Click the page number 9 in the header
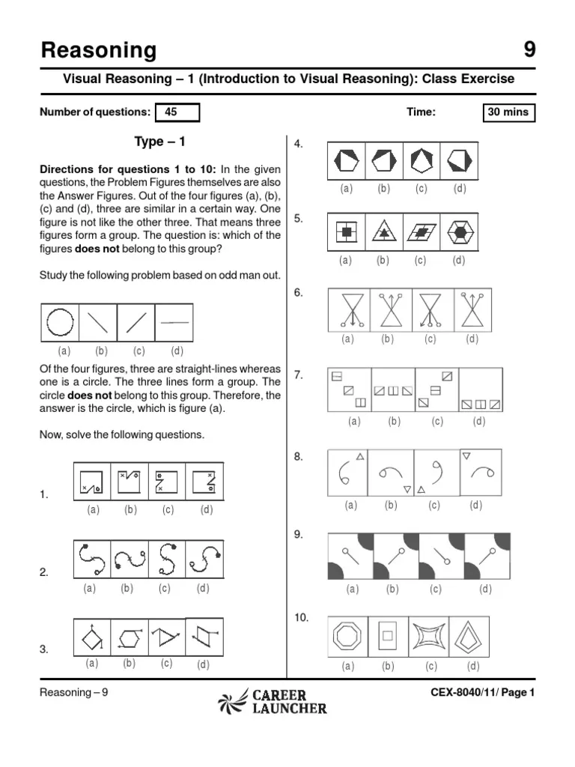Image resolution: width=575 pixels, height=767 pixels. coord(529,50)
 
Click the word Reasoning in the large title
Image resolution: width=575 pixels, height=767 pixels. coord(98,50)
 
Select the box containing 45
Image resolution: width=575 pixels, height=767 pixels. coord(177,112)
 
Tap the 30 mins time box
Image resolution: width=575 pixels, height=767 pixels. coord(508,112)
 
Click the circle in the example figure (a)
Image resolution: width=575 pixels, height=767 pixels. coord(60,323)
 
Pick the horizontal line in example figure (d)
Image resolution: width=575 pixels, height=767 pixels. coord(174,323)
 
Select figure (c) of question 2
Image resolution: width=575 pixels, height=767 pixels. coord(166,559)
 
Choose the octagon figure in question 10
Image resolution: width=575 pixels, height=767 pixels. coord(348,637)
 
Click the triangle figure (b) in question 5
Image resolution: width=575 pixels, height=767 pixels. coord(384,231)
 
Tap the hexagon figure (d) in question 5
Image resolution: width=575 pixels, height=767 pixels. coord(458,231)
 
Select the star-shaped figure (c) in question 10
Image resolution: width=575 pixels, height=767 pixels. coord(430,637)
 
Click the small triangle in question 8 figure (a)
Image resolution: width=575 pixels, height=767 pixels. coord(360,456)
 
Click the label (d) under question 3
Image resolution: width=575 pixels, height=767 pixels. coord(203,664)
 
